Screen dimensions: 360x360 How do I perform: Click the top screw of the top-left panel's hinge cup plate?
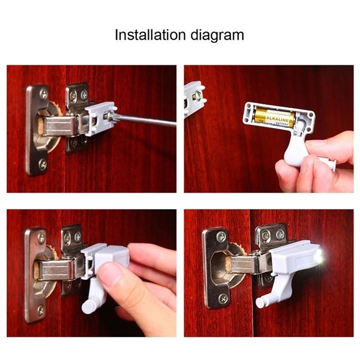[43, 94]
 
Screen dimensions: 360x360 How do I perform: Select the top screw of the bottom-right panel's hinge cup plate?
[221, 236]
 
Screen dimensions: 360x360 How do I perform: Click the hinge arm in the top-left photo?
[59, 125]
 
